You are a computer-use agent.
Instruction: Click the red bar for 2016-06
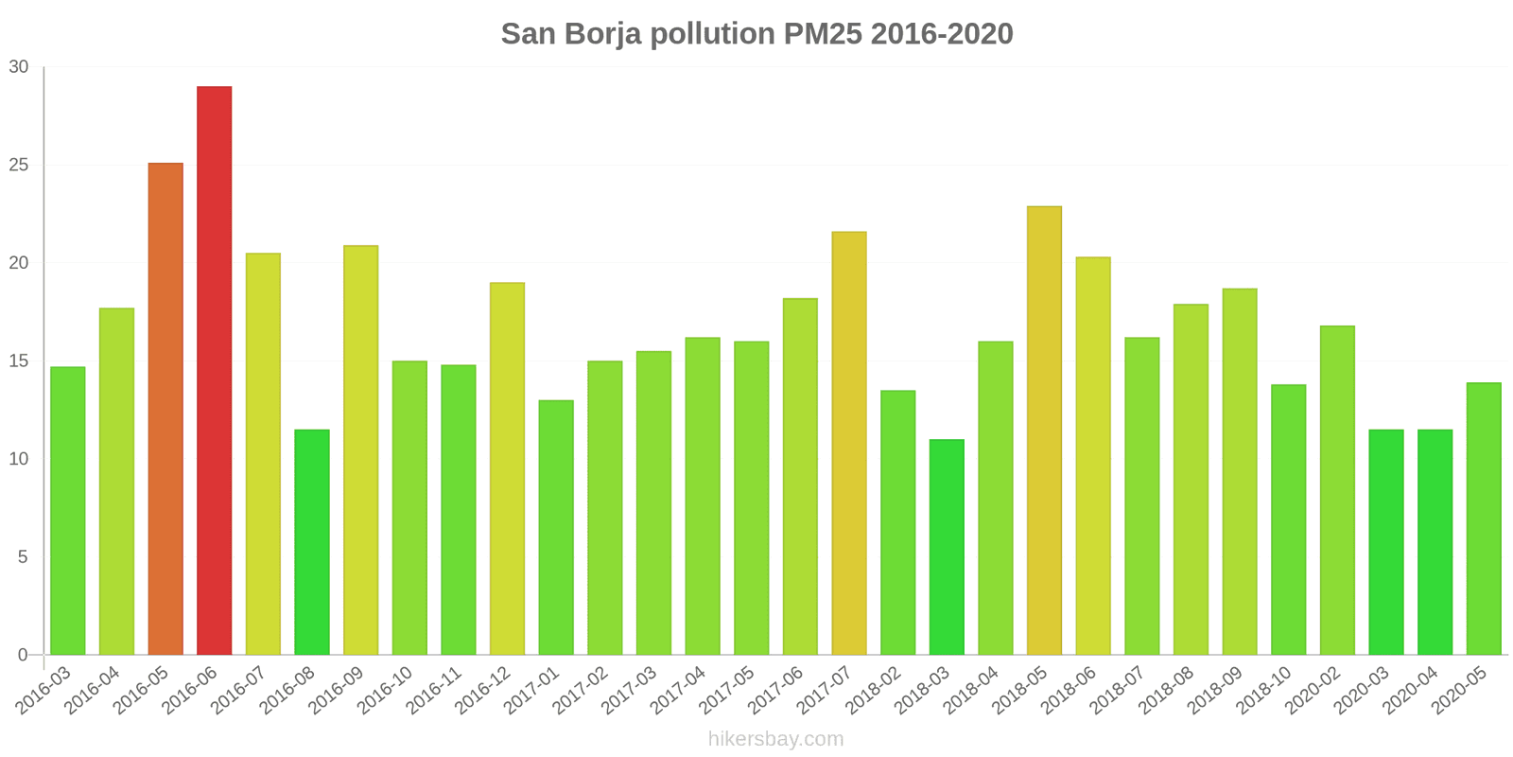point(214,371)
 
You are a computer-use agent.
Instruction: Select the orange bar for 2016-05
point(165,409)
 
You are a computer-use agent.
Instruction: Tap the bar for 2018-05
point(1044,431)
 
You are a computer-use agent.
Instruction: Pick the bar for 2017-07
point(849,443)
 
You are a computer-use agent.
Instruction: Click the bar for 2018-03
point(947,547)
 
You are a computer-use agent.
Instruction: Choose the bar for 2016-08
point(312,542)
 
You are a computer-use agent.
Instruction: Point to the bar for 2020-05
point(1484,519)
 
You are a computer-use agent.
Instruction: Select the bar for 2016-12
point(507,468)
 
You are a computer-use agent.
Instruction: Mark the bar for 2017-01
point(556,527)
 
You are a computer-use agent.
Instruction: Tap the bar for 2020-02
point(1337,490)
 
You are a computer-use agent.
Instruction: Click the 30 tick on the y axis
point(19,67)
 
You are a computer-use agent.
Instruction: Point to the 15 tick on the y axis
point(19,361)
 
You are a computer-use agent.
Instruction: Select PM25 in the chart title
point(823,34)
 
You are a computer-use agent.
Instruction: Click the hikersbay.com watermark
point(775,739)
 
